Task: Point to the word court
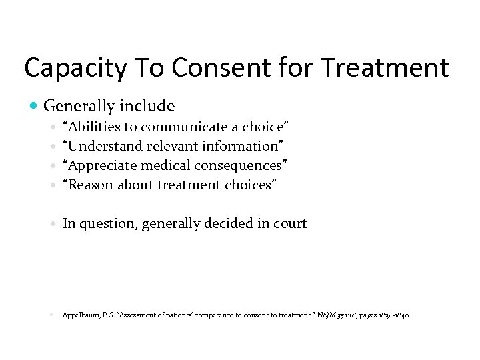coord(291,224)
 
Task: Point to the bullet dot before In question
coord(53,224)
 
